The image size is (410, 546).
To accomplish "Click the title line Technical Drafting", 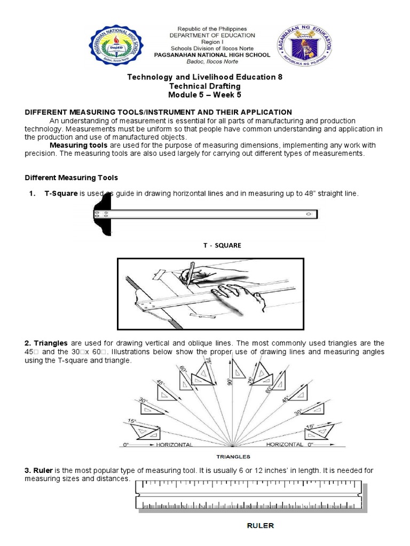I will (205, 86).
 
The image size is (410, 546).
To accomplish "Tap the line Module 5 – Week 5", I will (205, 95).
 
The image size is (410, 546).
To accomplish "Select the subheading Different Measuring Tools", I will (72, 178).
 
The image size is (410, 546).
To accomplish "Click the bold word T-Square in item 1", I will (61, 194).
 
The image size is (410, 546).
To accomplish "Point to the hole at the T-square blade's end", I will (308, 214).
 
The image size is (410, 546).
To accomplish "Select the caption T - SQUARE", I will (222, 245).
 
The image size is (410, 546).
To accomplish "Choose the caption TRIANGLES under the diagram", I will (233, 456).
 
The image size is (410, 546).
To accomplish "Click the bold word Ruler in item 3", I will (41, 470).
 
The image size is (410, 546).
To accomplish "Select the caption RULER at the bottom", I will (260, 526).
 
